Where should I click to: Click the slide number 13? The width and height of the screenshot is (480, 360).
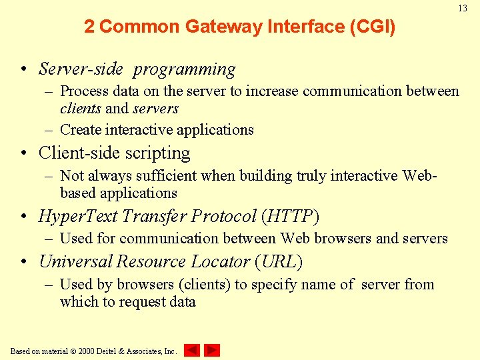coord(462,8)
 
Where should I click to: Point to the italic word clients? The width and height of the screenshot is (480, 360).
coord(81,109)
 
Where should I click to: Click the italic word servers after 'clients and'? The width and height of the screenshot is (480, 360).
coord(156,109)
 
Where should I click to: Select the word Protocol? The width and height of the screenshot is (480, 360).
coord(223,217)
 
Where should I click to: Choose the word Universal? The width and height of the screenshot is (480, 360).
coord(75,262)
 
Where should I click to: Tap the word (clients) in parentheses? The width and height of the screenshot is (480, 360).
coord(204,285)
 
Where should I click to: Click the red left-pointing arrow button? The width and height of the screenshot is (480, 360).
coord(191,350)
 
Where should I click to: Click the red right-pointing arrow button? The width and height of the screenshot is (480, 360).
coord(212,350)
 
